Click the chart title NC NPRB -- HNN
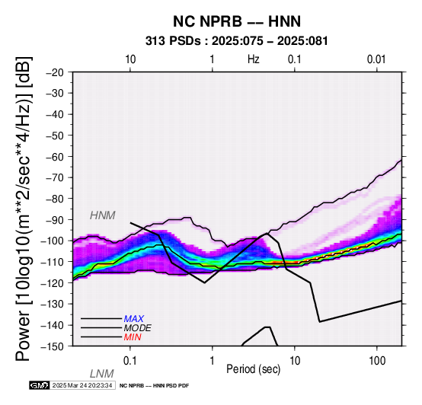(237, 21)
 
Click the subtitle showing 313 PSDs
(237, 41)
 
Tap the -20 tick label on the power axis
(55, 72)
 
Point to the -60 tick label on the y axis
(55, 156)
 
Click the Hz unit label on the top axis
(253, 59)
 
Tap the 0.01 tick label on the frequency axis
(376, 59)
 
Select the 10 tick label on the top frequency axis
(130, 59)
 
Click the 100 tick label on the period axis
(377, 361)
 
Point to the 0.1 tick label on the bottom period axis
(130, 361)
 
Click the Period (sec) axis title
(253, 369)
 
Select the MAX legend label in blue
(134, 319)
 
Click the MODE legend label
(138, 328)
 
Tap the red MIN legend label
(133, 337)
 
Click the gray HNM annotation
(103, 215)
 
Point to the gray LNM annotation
(102, 374)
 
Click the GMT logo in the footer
(40, 385)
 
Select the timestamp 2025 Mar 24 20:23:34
(82, 385)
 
